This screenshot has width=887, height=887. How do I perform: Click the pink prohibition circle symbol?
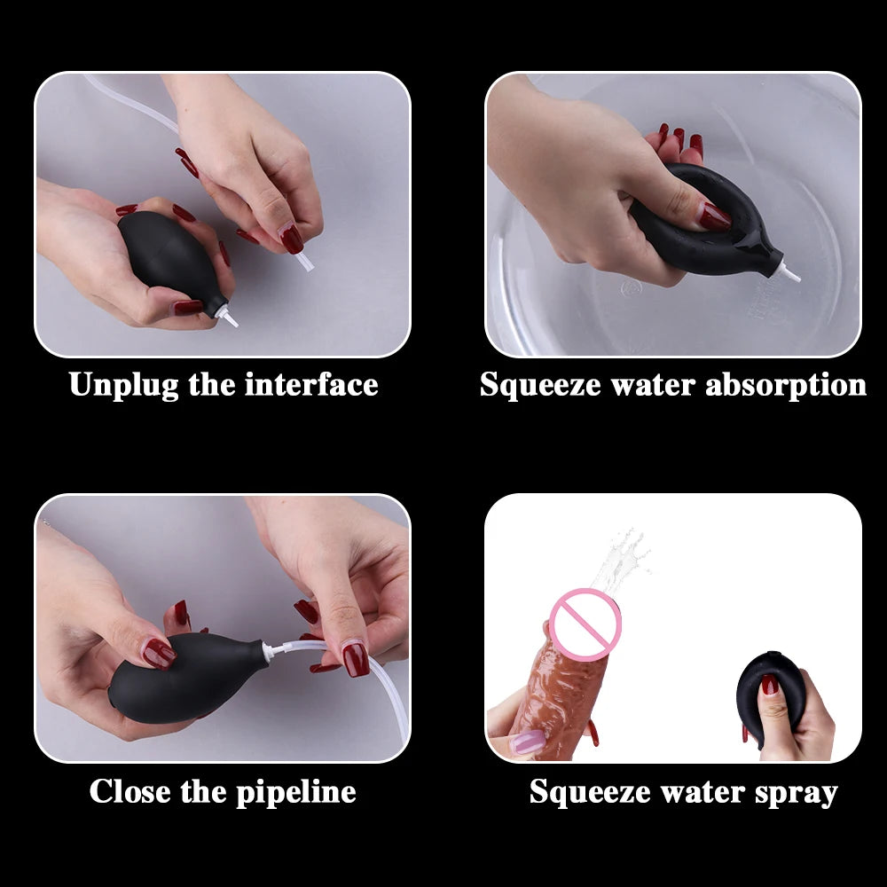[x=585, y=624]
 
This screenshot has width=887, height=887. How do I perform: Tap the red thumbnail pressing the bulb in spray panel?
[x=769, y=684]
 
